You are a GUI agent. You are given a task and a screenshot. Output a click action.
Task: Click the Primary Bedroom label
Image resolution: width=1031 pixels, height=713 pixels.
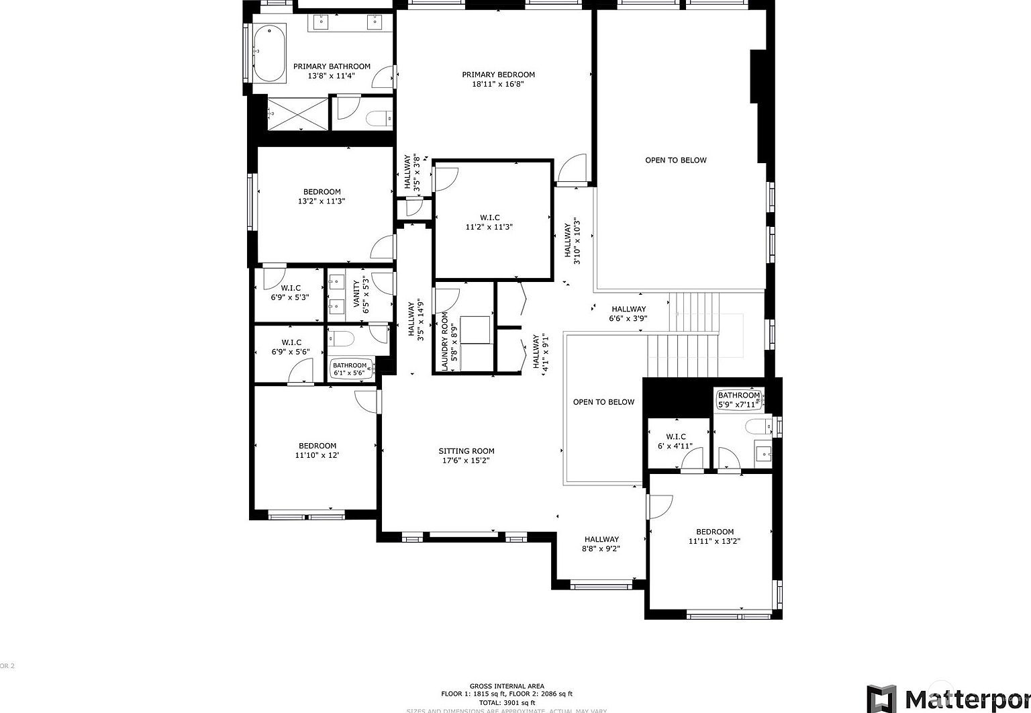pos(498,75)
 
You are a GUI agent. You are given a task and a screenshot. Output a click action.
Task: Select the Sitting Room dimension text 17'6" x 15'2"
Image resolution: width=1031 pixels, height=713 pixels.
pos(467,461)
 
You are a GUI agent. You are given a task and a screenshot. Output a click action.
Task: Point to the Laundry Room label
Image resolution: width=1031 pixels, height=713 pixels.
pos(444,342)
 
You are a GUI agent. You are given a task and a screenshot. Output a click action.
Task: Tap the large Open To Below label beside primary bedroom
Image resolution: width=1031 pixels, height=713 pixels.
pos(676,160)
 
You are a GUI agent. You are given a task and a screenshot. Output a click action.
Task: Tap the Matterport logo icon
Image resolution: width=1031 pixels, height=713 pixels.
pos(881,698)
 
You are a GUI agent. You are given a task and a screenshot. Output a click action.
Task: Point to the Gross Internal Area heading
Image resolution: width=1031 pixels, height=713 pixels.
pos(507,686)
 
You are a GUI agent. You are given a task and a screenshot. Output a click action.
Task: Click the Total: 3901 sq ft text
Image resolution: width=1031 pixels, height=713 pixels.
pos(507,702)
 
